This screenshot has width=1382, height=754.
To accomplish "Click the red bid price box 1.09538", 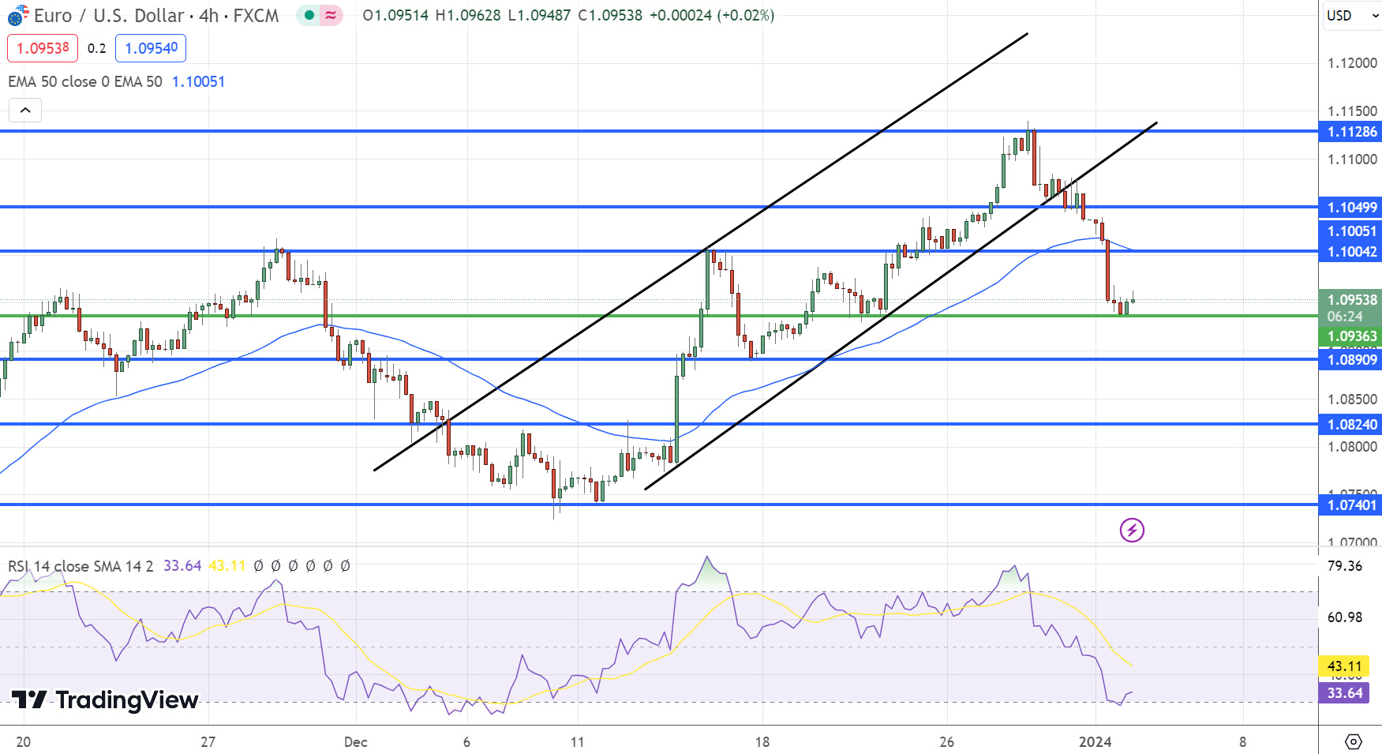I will (43, 48).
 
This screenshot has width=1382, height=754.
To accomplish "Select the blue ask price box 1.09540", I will (151, 48).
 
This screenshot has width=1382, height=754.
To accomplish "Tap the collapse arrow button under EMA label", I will (25, 111).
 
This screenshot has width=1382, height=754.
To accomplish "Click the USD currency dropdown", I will (1350, 16).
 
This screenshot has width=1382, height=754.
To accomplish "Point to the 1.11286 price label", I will (1351, 132).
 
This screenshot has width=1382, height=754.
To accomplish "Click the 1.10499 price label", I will (1351, 208).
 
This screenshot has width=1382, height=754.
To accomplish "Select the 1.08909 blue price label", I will (1351, 360).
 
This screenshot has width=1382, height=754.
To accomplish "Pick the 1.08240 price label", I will (1351, 425).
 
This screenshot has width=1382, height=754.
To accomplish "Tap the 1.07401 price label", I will (1351, 505).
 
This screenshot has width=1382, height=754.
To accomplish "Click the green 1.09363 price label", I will (1351, 336).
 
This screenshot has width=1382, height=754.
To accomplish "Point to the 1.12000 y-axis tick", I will (1351, 63).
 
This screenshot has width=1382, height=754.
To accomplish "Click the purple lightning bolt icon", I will (1132, 530).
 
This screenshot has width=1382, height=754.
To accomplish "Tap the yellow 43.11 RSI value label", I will (1344, 666).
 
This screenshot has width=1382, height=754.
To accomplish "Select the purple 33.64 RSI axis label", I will (1344, 693).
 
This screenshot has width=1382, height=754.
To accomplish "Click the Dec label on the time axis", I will (356, 742).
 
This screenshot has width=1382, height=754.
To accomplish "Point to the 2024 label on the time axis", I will (1095, 742).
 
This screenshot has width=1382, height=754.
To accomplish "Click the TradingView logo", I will (105, 700).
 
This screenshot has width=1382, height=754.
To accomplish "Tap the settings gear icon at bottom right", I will (1353, 741).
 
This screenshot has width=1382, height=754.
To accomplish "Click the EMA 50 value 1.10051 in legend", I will (198, 81).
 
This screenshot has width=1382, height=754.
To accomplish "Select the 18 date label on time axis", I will (762, 742).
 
